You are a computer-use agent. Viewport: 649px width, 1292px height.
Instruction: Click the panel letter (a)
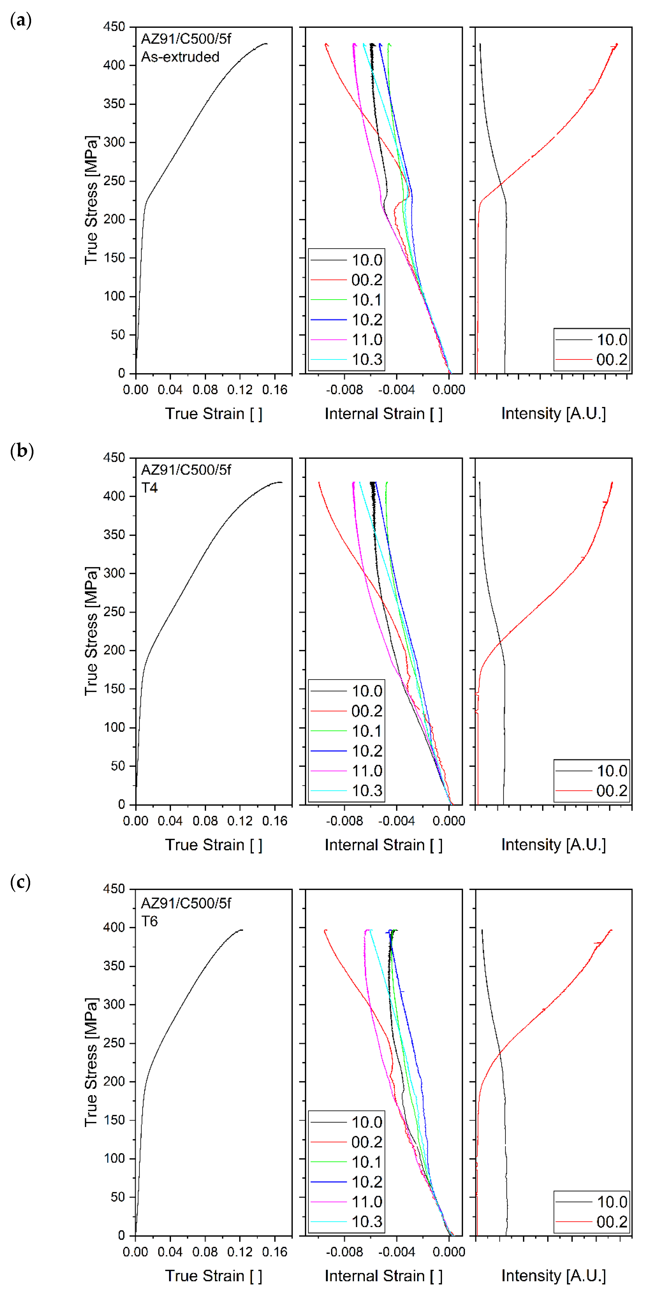tap(21, 21)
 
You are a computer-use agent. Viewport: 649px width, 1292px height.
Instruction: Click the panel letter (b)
tap(22, 451)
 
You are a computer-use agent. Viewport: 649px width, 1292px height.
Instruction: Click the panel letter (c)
tap(21, 882)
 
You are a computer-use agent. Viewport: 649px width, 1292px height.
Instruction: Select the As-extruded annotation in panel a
tap(180, 57)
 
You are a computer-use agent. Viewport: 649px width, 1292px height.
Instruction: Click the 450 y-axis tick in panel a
tap(114, 27)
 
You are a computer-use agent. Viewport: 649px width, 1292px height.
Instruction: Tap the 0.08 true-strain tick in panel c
tap(205, 1251)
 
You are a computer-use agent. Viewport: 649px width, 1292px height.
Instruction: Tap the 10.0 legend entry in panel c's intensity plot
tap(611, 1202)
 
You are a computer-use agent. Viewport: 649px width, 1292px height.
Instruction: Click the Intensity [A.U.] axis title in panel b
tap(554, 845)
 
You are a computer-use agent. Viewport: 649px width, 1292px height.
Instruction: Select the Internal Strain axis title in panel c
tap(384, 1275)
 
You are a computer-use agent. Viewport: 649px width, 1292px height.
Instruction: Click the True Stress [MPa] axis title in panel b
tap(91, 631)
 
